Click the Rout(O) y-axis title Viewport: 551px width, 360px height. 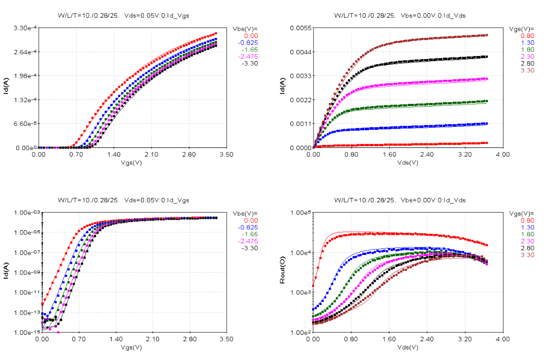click(x=282, y=272)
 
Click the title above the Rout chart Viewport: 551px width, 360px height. click(x=399, y=200)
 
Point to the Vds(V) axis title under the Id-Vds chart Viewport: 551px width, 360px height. click(x=408, y=163)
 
